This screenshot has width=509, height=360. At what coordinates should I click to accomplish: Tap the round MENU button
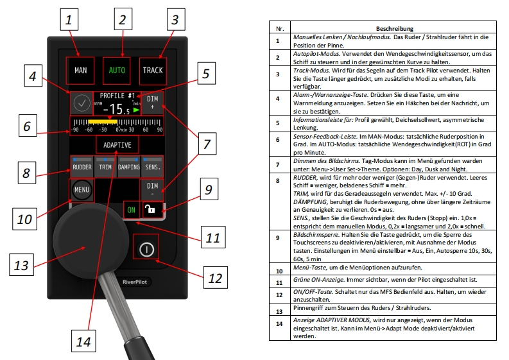81,190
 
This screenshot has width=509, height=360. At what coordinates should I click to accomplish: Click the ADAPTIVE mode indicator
117,144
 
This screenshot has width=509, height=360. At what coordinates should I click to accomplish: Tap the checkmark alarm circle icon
81,103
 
